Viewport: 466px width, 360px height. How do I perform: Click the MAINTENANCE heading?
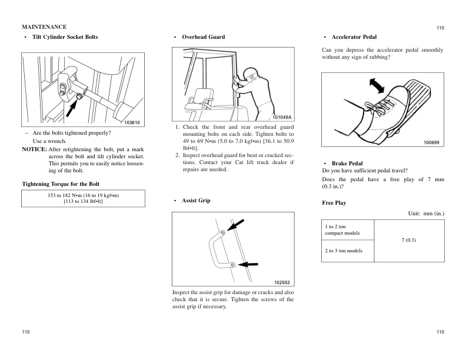(44, 27)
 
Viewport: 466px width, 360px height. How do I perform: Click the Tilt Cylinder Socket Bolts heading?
(65, 37)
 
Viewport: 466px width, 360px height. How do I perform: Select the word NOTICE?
(34, 149)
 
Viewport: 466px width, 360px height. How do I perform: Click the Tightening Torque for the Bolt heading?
(61, 184)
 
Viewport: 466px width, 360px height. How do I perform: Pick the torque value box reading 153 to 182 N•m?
(83, 198)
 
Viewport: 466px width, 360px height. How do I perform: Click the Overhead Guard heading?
(203, 37)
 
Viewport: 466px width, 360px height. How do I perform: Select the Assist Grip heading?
(196, 201)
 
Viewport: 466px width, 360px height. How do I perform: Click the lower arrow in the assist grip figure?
(248, 264)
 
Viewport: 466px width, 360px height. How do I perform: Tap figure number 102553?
(282, 282)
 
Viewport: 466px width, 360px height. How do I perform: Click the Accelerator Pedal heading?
(354, 37)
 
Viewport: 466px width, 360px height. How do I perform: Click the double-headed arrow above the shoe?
(375, 85)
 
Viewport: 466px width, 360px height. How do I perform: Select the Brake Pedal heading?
(347, 163)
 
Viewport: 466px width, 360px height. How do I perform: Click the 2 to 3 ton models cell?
(344, 251)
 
